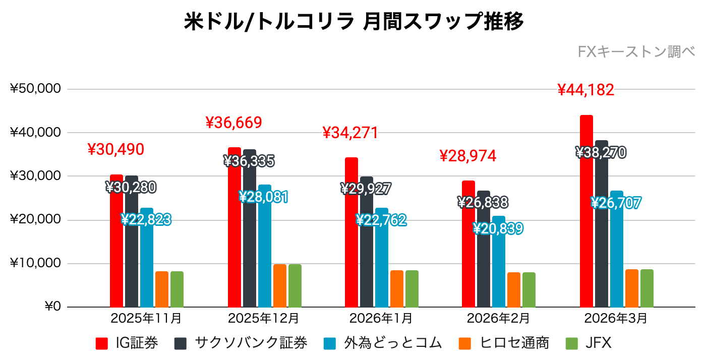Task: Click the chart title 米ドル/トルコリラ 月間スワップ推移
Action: (353, 22)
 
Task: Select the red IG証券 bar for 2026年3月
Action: (586, 211)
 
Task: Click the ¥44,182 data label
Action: (586, 90)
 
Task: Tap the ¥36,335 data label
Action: (249, 161)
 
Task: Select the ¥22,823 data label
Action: (146, 219)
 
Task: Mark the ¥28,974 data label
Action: (468, 156)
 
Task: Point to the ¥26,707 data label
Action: (616, 203)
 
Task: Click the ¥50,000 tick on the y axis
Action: (35, 89)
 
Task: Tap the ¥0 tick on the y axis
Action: (53, 307)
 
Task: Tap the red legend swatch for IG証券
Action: (102, 344)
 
